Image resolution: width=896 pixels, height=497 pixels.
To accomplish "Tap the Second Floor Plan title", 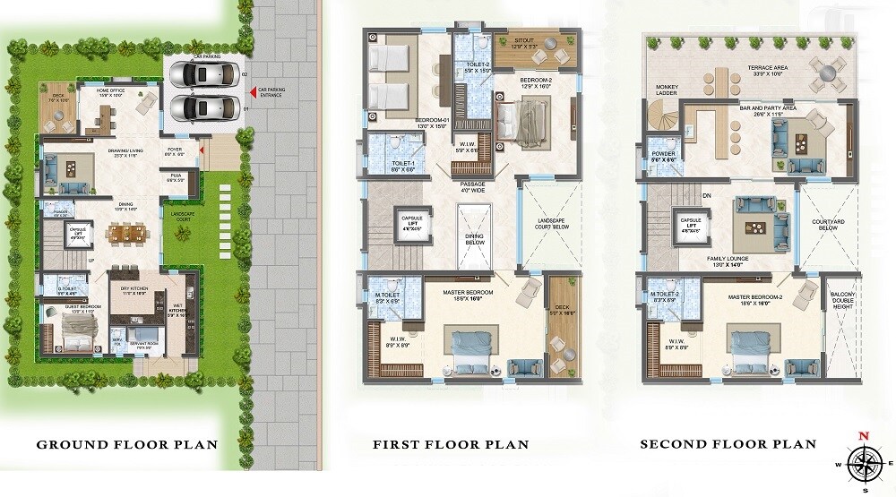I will pos(727,443).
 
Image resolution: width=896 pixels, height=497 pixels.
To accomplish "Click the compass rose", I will pos(864,463).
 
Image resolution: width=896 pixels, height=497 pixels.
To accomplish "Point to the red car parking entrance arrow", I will pos(252,90).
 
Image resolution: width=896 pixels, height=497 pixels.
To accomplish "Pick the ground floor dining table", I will pos(124,235).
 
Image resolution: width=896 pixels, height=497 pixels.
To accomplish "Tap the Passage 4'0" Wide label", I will pos(472,186).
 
